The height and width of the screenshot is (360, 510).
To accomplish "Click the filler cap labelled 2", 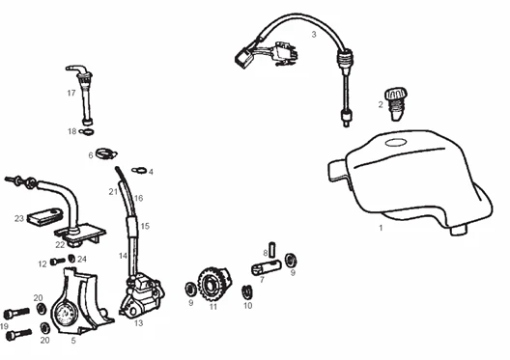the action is [x=396, y=103].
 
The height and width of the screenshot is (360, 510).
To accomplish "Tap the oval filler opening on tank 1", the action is [x=395, y=142].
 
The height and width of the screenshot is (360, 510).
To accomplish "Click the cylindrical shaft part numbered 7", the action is [x=266, y=267].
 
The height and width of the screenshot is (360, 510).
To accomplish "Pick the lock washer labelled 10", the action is [x=247, y=292].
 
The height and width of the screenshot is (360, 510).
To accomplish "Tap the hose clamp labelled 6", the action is [x=106, y=152].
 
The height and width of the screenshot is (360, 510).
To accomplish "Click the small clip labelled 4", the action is [x=139, y=170].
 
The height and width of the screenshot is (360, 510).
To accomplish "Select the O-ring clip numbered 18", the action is [x=87, y=131].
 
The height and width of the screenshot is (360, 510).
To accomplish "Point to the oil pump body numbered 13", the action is [x=142, y=294].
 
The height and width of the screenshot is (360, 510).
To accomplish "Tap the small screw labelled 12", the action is [x=58, y=261].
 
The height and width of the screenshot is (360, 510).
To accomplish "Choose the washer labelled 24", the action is [x=71, y=259].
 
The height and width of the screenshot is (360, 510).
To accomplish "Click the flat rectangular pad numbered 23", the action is [x=44, y=216].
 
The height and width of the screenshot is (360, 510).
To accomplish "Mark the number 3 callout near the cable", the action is [x=314, y=34].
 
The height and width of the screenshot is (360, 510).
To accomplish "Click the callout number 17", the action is [x=71, y=93].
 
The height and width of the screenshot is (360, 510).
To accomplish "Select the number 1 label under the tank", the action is [x=381, y=228].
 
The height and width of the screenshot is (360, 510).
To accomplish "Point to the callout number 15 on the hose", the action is [x=145, y=226].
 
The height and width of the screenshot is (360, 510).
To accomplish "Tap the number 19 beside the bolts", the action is [x=4, y=326].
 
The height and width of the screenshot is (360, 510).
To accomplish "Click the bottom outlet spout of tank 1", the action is [x=459, y=230].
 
